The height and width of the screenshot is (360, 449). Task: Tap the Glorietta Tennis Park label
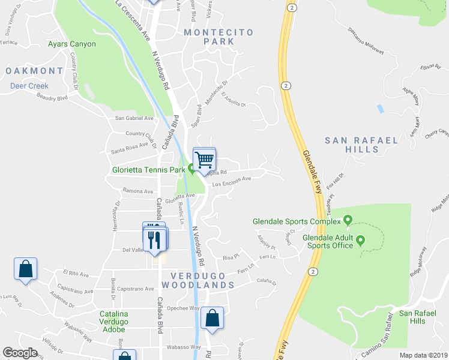click(148, 170)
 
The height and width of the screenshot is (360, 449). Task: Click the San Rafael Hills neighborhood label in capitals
click(361, 146)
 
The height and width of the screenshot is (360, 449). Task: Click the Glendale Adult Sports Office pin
click(360, 241)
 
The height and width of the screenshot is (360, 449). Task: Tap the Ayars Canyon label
click(72, 44)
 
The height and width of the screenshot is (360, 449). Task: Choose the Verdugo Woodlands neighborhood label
click(197, 280)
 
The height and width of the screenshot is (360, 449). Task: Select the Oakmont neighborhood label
click(34, 71)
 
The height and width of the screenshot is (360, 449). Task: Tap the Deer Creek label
click(29, 86)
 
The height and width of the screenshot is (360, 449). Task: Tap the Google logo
click(20, 353)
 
